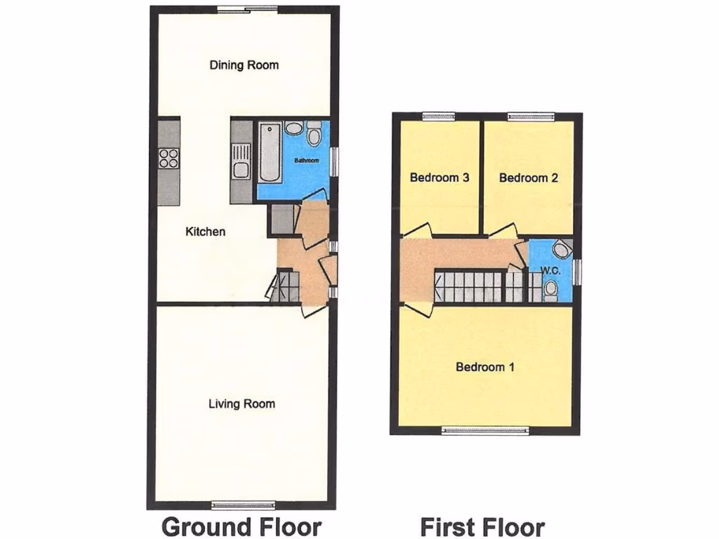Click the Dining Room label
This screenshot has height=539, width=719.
pos(244,65)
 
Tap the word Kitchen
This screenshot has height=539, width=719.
pos(205,231)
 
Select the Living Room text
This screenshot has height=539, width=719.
pos(242,404)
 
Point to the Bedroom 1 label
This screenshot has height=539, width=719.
pos(485,366)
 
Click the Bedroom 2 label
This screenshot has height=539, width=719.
pos(528,178)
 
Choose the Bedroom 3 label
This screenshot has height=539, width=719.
pos(439,178)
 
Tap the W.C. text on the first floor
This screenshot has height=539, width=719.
pos(550,270)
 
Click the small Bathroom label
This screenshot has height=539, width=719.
pos(306,161)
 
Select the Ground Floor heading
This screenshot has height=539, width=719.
pos(241,526)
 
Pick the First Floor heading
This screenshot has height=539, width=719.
pos(482,526)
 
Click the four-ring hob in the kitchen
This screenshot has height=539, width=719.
pos(169,158)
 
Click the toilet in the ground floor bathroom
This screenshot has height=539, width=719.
pos(314,131)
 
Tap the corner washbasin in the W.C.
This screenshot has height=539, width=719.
pos(562,249)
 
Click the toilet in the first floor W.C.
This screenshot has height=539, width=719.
pos(551,288)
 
